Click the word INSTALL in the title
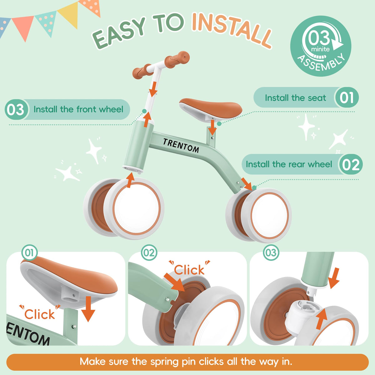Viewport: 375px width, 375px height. coord(232,29)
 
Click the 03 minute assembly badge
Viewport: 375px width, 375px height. coord(321,46)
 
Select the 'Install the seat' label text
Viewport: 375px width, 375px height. coord(295,98)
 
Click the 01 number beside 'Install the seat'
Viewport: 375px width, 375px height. coord(347,97)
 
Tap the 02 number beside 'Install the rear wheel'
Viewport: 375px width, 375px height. coord(351,165)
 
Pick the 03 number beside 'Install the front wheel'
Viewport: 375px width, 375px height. coord(16,110)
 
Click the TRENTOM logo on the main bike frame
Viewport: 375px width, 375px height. coord(181,145)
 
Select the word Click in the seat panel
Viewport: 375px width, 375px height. coord(39,314)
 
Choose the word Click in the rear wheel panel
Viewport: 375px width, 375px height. coord(189,270)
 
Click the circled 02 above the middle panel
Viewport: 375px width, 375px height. coord(149,252)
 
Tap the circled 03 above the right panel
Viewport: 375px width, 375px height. coord(271,252)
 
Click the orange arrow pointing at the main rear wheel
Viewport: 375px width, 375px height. coord(247,184)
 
